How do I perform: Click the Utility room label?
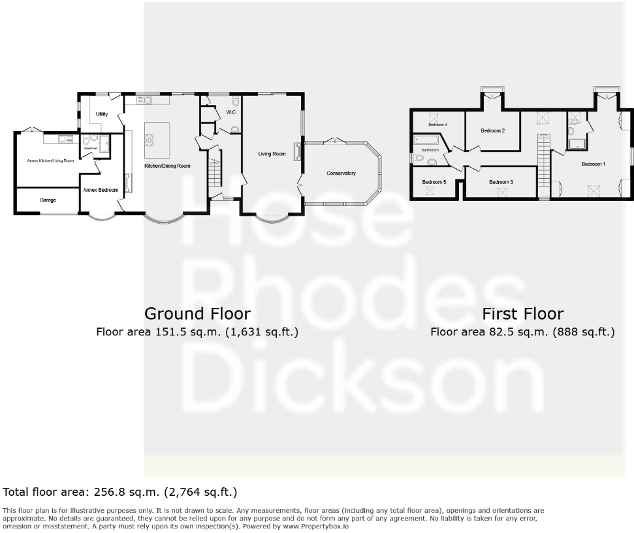pos(102,114)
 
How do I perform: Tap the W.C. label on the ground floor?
pos(231,113)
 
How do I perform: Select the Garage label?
pos(46,200)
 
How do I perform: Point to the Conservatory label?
pos(341,174)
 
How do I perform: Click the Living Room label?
pos(272,154)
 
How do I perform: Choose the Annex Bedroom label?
pos(101,190)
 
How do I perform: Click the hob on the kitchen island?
pos(149,138)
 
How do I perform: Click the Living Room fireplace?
pos(297,151)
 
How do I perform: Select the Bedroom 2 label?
pos(492,131)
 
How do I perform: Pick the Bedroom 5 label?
pos(434,182)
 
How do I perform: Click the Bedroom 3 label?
pos(501,182)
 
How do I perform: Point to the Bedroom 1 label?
pos(594,164)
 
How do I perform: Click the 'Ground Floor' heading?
pos(197,314)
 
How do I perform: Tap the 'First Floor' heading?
pos(522,314)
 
